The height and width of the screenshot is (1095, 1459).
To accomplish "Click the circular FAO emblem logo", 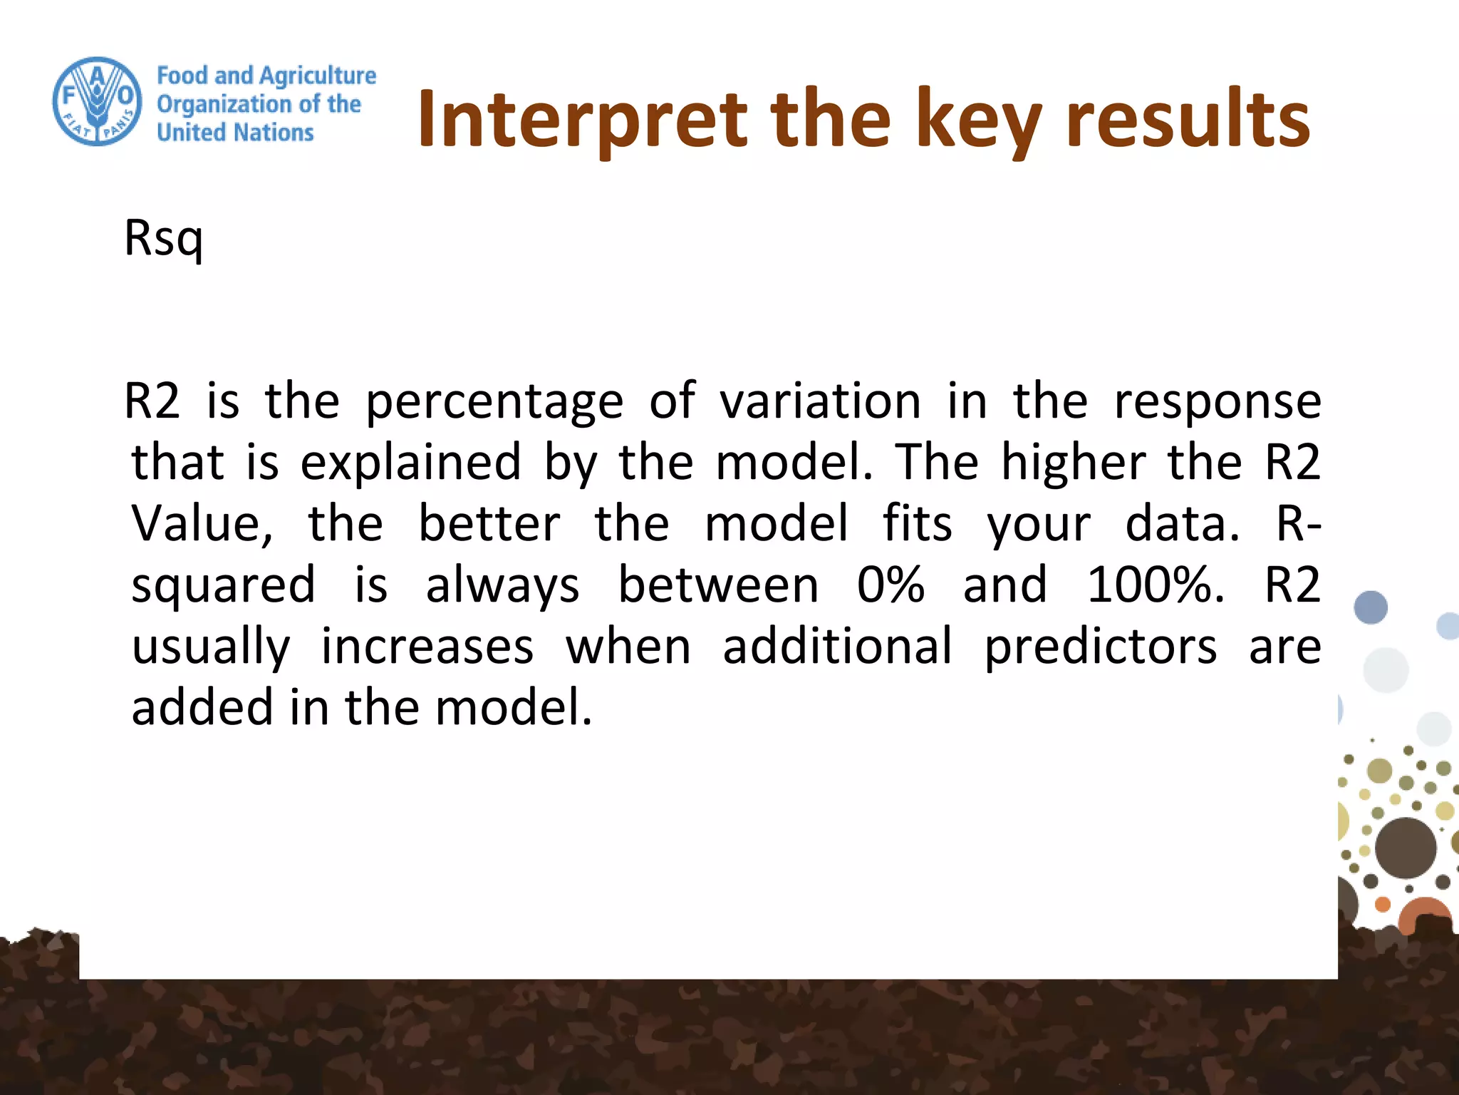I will (x=98, y=101).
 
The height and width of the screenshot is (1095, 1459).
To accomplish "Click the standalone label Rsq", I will (x=164, y=238).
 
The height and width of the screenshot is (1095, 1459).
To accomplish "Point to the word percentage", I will (x=494, y=401).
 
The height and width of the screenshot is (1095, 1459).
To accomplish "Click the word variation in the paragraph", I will (x=820, y=401).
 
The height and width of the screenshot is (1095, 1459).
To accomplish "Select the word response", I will (x=1217, y=401).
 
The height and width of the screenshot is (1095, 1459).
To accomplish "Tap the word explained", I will (x=410, y=463).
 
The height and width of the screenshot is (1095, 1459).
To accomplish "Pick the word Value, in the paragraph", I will (x=202, y=524).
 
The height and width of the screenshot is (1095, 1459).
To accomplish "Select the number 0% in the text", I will (x=891, y=585).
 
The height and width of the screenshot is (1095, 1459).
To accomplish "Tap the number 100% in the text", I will (x=1154, y=585).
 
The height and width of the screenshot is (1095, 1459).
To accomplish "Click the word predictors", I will (x=1100, y=647).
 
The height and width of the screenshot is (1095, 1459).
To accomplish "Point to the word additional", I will (x=837, y=647).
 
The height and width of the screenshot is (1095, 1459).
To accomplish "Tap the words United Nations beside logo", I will (x=235, y=133).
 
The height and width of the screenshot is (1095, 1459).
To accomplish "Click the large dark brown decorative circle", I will (x=1405, y=848).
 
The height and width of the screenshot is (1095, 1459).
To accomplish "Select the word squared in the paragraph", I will (x=223, y=585).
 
